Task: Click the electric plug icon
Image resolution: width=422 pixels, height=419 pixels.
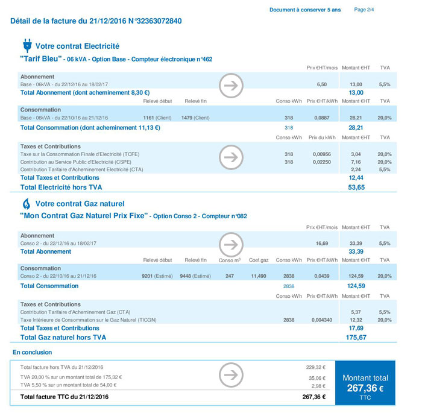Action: click(27, 46)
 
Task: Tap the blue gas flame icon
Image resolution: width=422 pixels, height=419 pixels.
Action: click(27, 203)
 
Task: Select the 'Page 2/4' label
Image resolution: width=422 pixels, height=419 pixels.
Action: click(364, 10)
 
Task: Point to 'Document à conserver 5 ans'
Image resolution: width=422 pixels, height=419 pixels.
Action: click(304, 10)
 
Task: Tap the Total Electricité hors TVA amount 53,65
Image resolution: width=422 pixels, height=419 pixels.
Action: click(356, 187)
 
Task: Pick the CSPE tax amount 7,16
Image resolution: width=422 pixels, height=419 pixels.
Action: click(356, 162)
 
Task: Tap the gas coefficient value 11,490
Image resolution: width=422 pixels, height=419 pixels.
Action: click(258, 276)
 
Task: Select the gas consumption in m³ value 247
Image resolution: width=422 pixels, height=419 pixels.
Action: click(229, 276)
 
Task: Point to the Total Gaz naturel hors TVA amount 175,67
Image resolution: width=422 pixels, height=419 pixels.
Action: click(356, 338)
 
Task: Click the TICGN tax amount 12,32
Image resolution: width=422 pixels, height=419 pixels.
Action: click(356, 320)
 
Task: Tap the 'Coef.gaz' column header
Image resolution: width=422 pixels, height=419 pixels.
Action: click(259, 260)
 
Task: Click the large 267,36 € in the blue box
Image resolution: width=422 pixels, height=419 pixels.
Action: click(364, 388)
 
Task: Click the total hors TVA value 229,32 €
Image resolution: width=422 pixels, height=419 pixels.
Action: click(315, 367)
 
